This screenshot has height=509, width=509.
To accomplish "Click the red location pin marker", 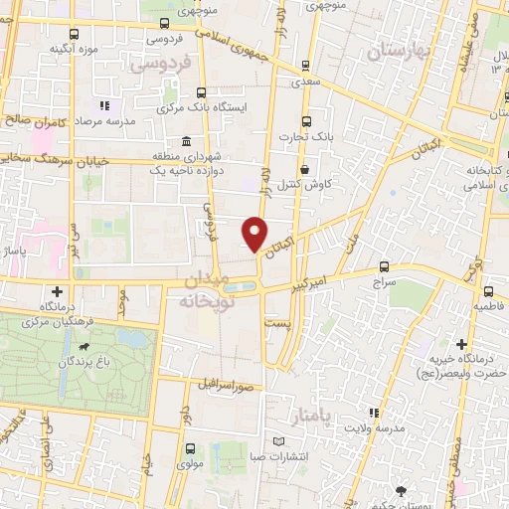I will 255,233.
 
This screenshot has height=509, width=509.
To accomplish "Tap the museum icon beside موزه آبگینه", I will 36,48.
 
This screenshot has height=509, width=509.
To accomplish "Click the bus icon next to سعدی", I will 305,67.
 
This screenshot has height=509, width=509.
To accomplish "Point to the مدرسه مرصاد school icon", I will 103,105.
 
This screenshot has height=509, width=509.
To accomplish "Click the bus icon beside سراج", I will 385,268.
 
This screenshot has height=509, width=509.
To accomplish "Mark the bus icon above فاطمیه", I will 489,291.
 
